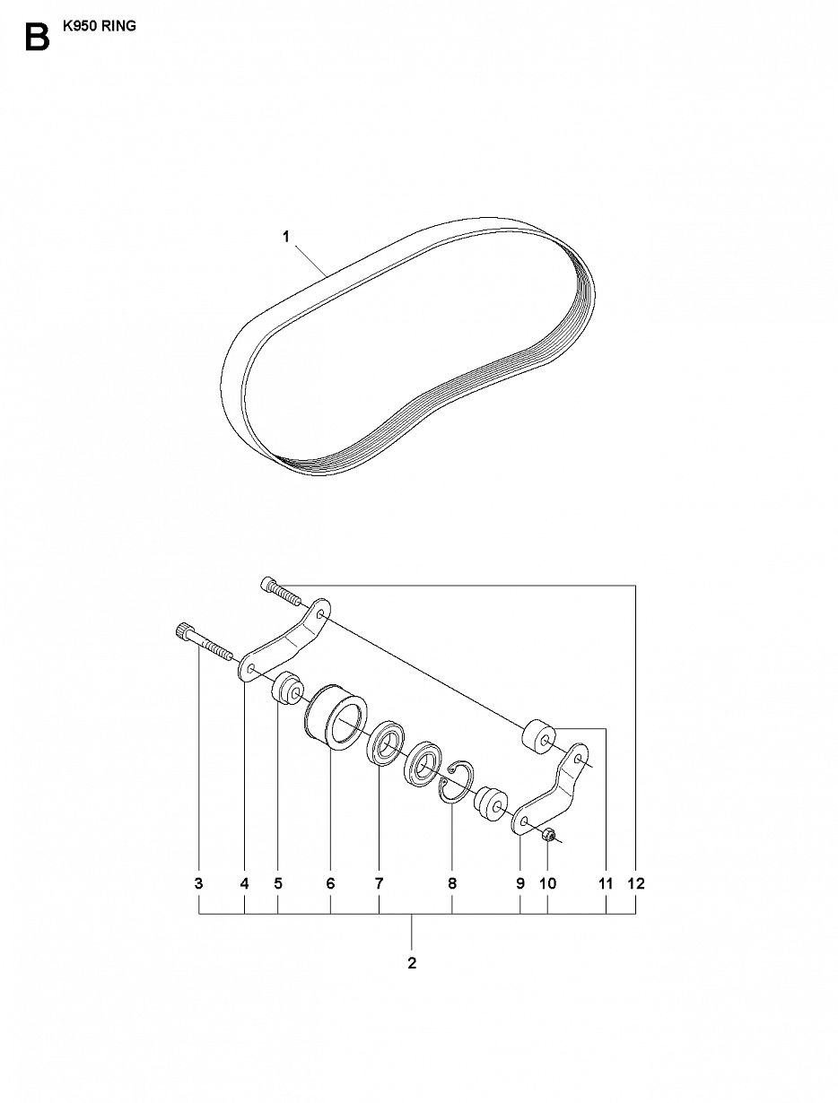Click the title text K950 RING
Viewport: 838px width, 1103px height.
tap(99, 26)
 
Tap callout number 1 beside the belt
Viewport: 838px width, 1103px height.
tap(286, 236)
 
